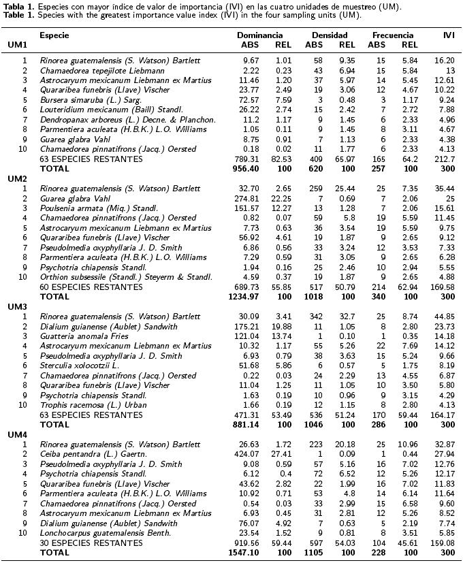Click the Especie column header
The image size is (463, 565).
point(54,35)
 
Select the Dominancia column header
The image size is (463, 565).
point(259,35)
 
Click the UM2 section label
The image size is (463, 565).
point(18,178)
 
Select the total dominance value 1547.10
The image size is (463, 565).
point(242,553)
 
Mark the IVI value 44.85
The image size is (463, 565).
point(445,317)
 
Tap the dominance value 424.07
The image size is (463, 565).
point(245,454)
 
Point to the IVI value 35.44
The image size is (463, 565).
point(445,188)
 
